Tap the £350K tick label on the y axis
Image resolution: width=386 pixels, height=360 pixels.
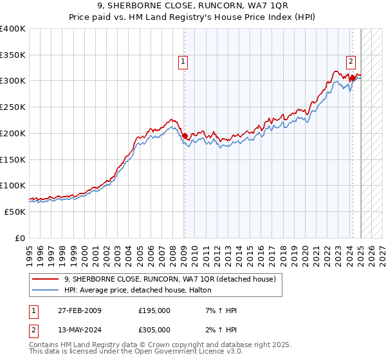click(13, 55)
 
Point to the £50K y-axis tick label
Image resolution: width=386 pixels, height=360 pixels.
click(15, 212)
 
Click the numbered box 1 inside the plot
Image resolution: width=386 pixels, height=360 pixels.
click(183, 62)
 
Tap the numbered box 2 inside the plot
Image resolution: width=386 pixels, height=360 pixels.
click(351, 62)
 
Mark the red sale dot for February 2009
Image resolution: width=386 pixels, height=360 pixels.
click(185, 136)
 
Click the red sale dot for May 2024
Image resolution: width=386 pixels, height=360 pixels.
click(353, 78)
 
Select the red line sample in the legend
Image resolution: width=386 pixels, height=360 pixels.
click(45, 279)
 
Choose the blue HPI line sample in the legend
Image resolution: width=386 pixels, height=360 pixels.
click(45, 291)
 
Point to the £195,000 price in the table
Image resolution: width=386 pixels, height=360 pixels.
click(154, 310)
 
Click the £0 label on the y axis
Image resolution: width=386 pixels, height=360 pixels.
click(19, 238)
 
